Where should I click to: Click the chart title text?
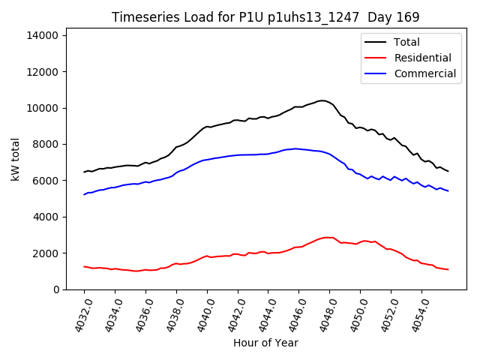[265, 17]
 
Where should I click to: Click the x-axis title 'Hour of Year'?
[265, 343]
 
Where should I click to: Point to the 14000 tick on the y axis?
[45, 35]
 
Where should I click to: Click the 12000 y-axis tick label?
[45, 72]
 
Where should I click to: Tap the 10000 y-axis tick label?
[45, 108]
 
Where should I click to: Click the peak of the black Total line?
[322, 100]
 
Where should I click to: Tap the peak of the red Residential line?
[327, 238]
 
